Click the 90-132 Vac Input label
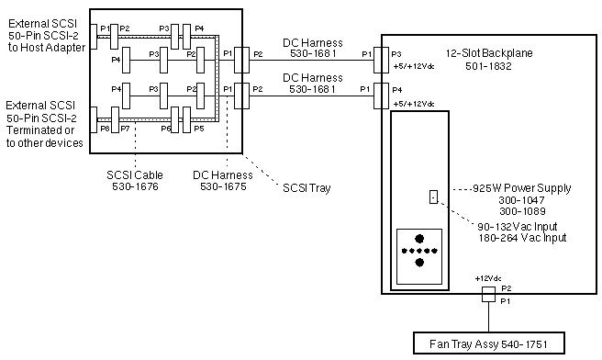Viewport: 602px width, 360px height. [521, 226]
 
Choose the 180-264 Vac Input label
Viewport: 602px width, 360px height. [521, 237]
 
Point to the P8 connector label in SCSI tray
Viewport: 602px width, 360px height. [105, 129]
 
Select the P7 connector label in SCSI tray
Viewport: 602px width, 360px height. [124, 129]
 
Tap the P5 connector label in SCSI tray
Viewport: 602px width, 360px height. [198, 129]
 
